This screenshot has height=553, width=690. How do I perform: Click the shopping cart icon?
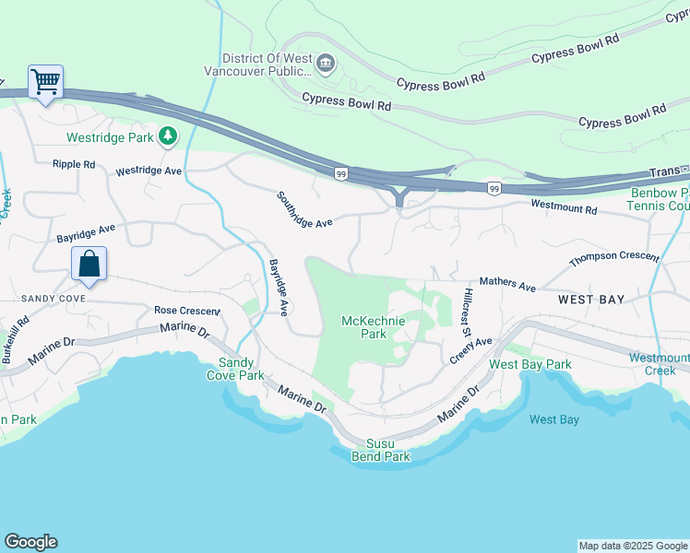pyautogui.click(x=45, y=82)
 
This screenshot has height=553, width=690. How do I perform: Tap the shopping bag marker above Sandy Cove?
pyautogui.click(x=89, y=264)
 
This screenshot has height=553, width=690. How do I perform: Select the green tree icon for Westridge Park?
pyautogui.click(x=167, y=136)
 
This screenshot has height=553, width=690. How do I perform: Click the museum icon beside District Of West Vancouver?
pyautogui.click(x=325, y=64)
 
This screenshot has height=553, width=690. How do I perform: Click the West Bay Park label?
pyautogui.click(x=529, y=364)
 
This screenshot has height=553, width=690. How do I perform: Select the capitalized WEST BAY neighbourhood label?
pyautogui.click(x=591, y=300)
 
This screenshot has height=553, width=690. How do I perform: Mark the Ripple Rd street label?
pyautogui.click(x=74, y=164)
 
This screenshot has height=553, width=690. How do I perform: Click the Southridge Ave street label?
pyautogui.click(x=304, y=210)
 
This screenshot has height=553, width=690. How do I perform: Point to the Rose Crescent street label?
pyautogui.click(x=187, y=311)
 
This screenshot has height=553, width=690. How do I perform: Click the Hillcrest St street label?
pyautogui.click(x=467, y=313)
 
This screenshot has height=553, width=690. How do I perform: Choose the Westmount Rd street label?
pyautogui.click(x=563, y=208)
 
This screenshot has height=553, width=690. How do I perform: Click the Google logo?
pyautogui.click(x=30, y=542)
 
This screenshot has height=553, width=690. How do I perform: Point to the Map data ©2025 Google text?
pyautogui.click(x=633, y=546)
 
